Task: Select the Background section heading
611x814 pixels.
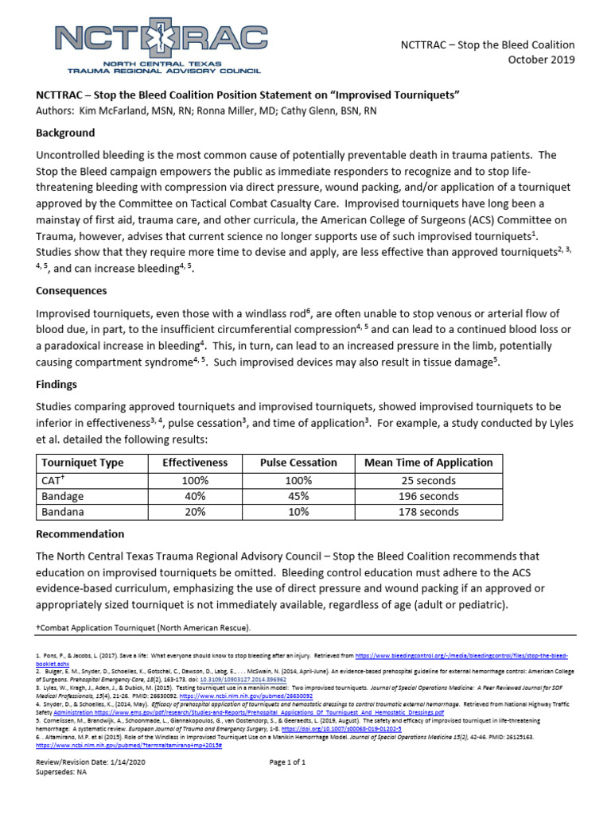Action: (x=65, y=133)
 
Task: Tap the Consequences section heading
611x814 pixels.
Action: (x=72, y=291)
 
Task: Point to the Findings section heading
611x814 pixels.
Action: (x=56, y=384)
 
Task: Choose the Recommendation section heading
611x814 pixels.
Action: (x=80, y=533)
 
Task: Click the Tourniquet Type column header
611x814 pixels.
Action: (x=82, y=463)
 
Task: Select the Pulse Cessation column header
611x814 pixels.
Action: (x=298, y=463)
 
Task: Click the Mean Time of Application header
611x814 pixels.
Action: (x=428, y=463)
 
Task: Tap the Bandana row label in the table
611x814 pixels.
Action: (x=60, y=512)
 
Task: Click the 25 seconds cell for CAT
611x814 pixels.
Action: (x=428, y=480)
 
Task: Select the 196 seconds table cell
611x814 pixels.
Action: (x=428, y=496)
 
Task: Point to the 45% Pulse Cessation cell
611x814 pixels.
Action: (x=298, y=496)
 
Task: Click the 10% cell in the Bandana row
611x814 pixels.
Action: (x=298, y=512)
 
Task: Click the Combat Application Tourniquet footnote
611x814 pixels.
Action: (x=144, y=628)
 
